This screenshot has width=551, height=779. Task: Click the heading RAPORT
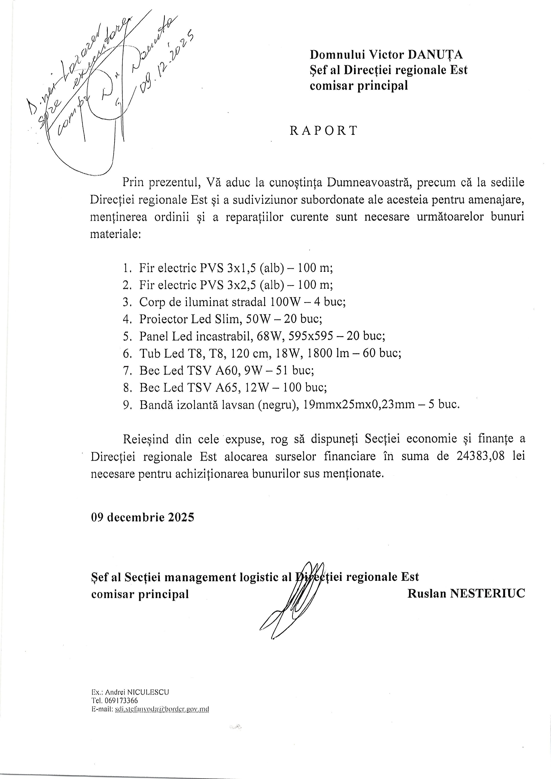click(x=323, y=131)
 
